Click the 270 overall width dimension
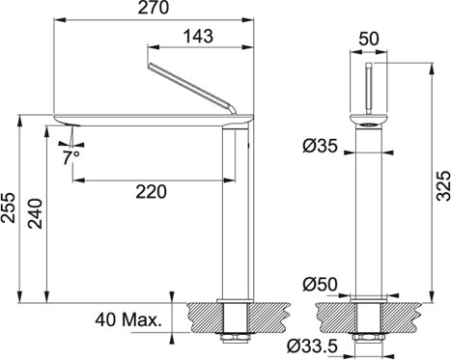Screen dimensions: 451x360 point(154,8)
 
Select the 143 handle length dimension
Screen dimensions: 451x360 point(198,36)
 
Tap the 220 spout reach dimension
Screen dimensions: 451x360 point(151,192)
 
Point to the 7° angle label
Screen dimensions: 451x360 point(71,157)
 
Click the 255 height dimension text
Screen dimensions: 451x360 point(8,208)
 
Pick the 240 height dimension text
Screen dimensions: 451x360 point(35,213)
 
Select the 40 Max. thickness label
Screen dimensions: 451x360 point(128,320)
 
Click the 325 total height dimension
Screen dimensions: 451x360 point(443,186)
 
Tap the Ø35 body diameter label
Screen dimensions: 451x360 point(320,147)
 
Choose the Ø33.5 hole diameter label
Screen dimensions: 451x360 point(312,346)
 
